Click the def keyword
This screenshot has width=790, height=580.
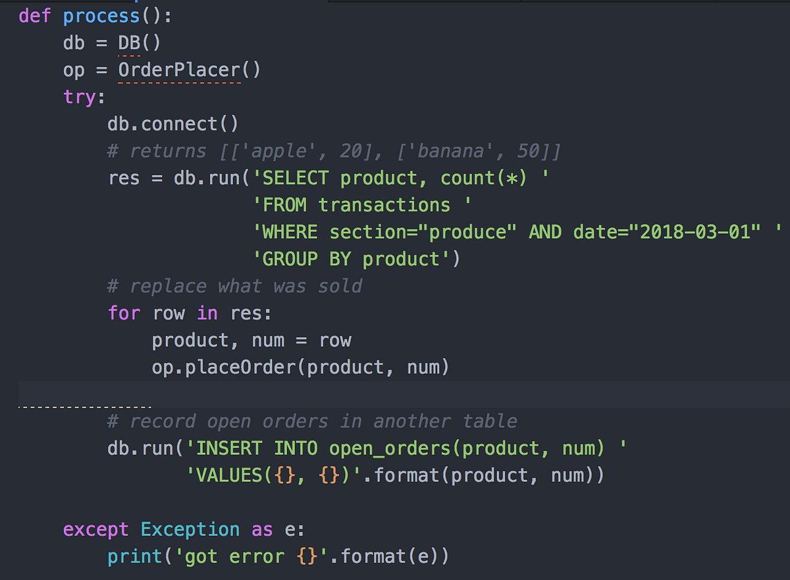coord(35,15)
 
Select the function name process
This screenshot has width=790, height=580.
coord(101,15)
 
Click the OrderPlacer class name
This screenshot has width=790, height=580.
coord(179,69)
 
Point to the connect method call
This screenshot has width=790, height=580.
coord(178,124)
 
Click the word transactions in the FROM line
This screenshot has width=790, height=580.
coord(384,205)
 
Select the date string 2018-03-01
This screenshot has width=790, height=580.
coord(695,232)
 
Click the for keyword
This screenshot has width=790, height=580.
coord(124,313)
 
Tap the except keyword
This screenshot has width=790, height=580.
coord(96,529)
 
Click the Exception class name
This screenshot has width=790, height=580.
coord(190,529)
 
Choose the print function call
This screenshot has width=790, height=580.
coord(135,556)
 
